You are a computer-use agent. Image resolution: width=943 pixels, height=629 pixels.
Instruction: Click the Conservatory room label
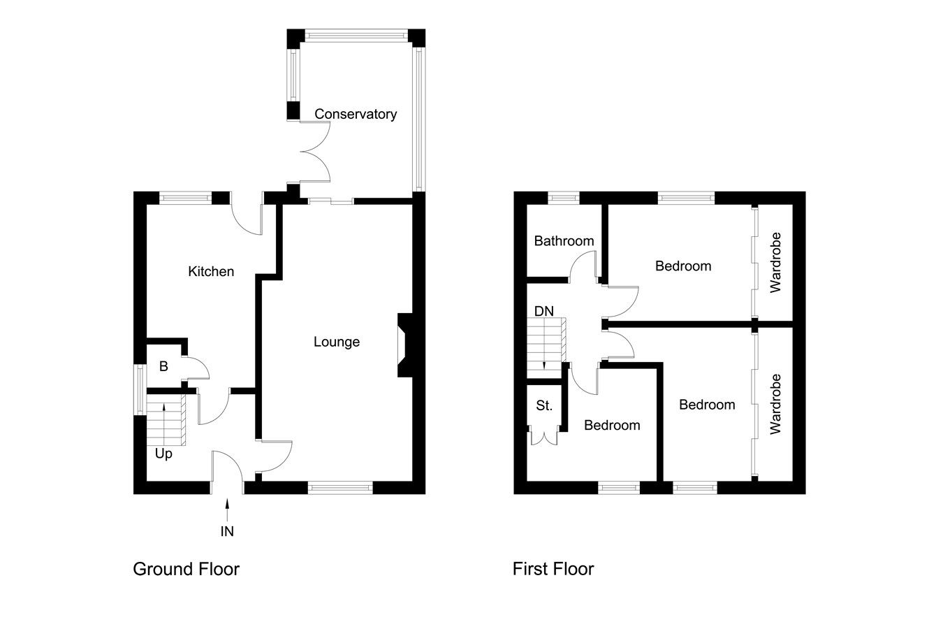click(x=355, y=114)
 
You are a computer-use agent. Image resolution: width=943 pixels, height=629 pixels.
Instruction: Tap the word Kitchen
click(x=211, y=271)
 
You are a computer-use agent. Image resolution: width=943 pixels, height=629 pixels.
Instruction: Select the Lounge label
click(x=336, y=342)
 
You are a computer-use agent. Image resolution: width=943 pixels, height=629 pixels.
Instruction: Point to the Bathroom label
click(x=564, y=241)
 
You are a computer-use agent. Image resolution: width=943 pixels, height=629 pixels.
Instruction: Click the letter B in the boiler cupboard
click(x=163, y=366)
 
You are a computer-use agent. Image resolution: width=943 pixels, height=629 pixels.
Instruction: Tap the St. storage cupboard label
click(x=544, y=405)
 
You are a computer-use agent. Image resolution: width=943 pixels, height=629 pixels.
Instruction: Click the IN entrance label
click(x=227, y=532)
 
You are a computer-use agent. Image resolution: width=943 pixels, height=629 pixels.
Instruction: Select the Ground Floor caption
click(x=186, y=569)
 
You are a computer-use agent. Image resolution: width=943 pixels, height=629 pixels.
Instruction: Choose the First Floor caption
click(x=553, y=569)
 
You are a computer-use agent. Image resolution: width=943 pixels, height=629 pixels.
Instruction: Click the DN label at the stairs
click(x=544, y=311)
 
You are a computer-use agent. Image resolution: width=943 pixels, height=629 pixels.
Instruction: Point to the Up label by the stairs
click(x=163, y=454)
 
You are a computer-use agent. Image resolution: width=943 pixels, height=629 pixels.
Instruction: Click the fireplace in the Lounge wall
click(x=405, y=345)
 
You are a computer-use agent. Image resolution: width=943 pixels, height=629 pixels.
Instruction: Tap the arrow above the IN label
click(x=227, y=507)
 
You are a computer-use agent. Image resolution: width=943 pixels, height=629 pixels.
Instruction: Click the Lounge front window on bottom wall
click(x=340, y=488)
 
